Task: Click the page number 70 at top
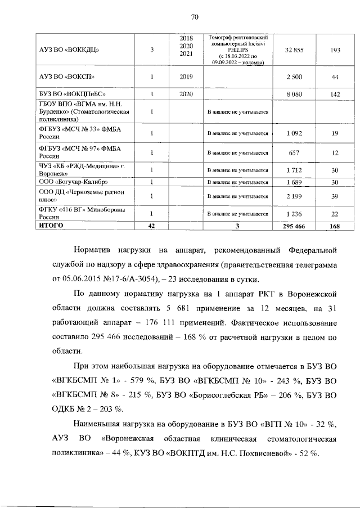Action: pos(195,17)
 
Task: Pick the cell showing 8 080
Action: pos(294,94)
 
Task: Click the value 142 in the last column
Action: pos(335,94)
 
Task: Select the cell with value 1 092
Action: pos(294,133)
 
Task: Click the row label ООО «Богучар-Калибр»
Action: pos(71,182)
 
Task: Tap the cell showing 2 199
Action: pos(294,196)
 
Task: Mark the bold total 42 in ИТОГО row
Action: pos(151,225)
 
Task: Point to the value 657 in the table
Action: pos(294,152)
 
